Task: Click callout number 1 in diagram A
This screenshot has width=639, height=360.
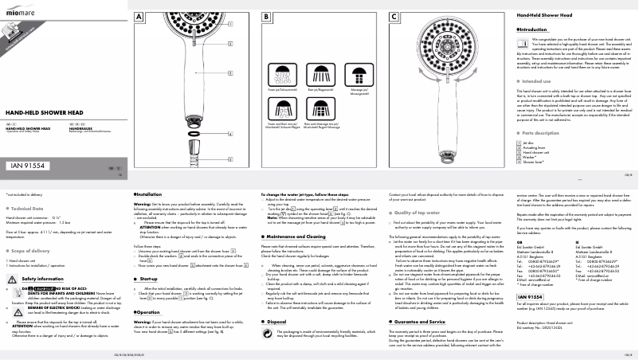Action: [230, 23]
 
